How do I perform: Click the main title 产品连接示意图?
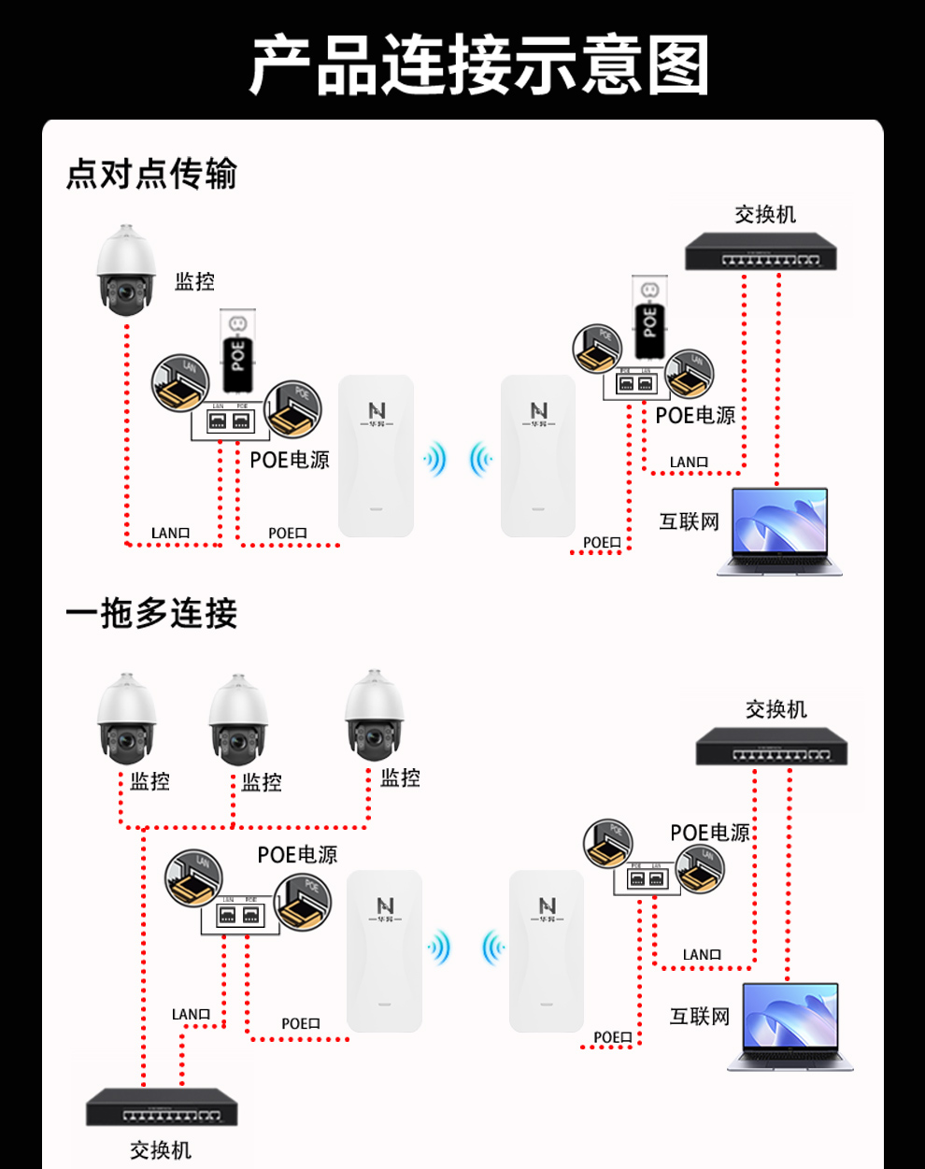pos(478,65)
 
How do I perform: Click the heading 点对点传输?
pos(151,174)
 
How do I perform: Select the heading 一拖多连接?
pos(151,614)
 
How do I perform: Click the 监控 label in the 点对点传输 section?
pos(194,281)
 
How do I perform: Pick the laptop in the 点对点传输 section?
pos(780,531)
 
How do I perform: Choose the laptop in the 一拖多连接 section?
pos(791,1026)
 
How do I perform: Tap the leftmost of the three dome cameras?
pos(127,716)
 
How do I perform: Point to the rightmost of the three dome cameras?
pos(375,713)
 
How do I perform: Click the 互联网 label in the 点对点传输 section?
pos(690,521)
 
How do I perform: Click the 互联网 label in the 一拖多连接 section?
pos(700,1016)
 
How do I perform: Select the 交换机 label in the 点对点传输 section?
pos(765,214)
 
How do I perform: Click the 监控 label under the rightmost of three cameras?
pos(400,777)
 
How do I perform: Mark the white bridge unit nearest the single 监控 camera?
pos(376,456)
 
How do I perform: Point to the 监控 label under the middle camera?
pos(262,781)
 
